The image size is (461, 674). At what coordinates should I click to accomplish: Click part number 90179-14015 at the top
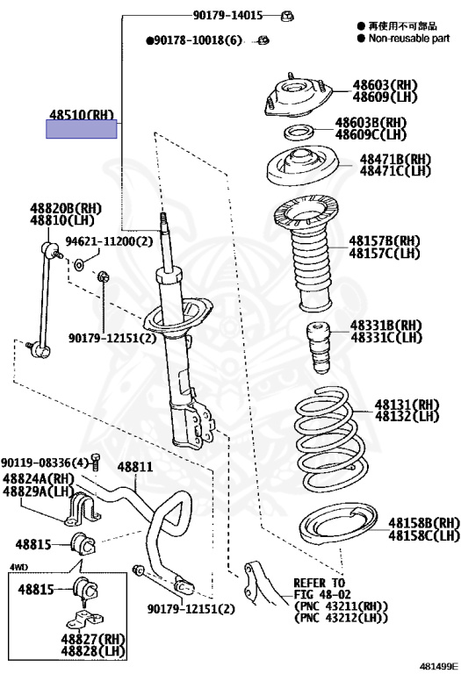[x=227, y=16]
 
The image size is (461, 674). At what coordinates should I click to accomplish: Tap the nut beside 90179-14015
[x=286, y=16]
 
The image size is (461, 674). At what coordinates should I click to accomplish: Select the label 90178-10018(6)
[x=194, y=40]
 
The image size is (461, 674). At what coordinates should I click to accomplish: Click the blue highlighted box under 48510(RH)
[x=82, y=129]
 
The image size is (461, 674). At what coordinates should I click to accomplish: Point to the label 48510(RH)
[x=82, y=114]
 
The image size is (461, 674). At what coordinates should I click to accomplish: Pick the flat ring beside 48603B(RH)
[x=299, y=132]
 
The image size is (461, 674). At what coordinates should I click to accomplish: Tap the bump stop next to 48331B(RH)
[x=317, y=348]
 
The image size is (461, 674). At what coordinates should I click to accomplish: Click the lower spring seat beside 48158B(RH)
[x=338, y=525]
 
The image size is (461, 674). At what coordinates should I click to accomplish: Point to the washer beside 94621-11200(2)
[x=80, y=265]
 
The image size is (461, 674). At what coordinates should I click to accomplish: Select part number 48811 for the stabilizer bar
[x=135, y=466]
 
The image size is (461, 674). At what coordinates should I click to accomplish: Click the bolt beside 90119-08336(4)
[x=95, y=462]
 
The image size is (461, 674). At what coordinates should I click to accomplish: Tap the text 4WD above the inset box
[x=18, y=568]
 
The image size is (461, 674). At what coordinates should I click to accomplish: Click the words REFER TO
[x=319, y=583]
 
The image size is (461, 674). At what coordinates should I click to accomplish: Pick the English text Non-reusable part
[x=408, y=39]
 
